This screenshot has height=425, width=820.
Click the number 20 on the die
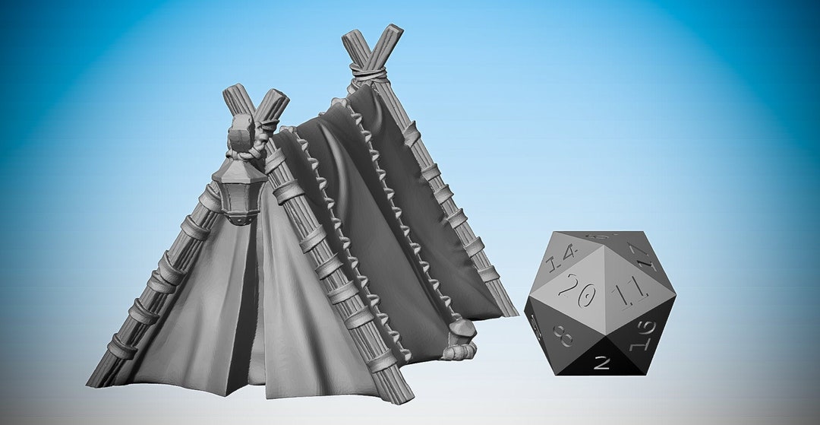pos(575,290)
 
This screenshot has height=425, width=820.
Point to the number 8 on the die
pos(563,335)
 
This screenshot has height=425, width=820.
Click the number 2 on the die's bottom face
pos(601,363)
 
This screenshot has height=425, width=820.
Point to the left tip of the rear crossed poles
pos(352,38)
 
